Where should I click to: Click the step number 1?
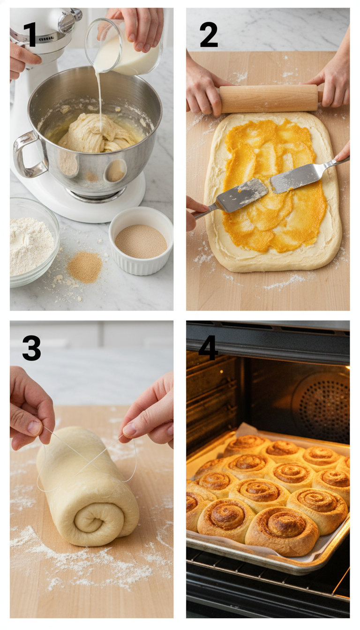pyautogui.click(x=30, y=35)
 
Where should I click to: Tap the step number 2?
pyautogui.click(x=209, y=35)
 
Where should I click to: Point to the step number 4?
pyautogui.click(x=208, y=348)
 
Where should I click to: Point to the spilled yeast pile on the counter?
pyautogui.click(x=84, y=267)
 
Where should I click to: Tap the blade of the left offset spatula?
pyautogui.click(x=241, y=195)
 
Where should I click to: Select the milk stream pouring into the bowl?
pyautogui.click(x=99, y=98)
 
